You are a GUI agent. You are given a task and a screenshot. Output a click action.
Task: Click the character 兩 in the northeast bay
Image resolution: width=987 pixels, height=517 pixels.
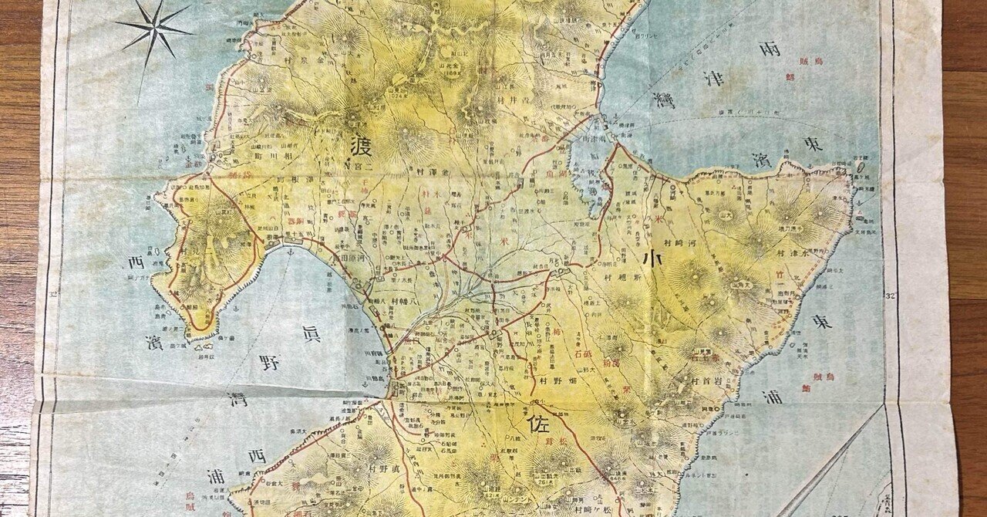point(769,48)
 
